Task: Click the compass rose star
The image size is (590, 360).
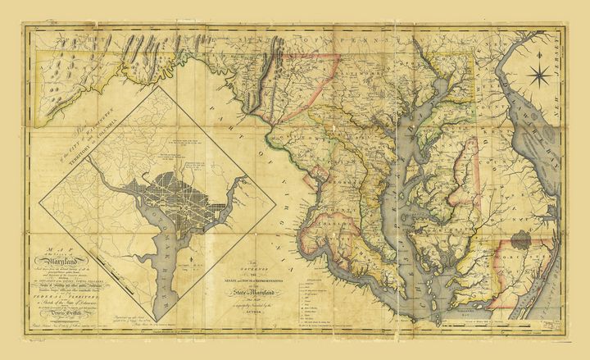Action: coord(540,79)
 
